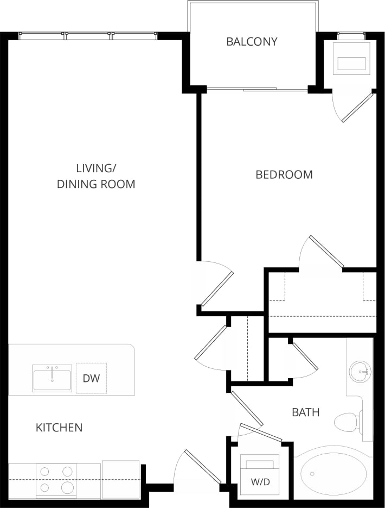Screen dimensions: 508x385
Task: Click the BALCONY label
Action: pyautogui.click(x=252, y=41)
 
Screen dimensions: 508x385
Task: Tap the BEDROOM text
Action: pyautogui.click(x=284, y=174)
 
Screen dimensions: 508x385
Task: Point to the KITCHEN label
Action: pyautogui.click(x=59, y=428)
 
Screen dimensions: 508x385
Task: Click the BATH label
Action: pyautogui.click(x=306, y=412)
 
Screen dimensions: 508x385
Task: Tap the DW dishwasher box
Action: pyautogui.click(x=91, y=378)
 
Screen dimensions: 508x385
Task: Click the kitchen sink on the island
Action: pyautogui.click(x=52, y=378)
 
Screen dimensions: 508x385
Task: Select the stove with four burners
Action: pyautogui.click(x=56, y=479)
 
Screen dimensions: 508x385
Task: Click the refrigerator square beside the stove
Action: pyautogui.click(x=120, y=479)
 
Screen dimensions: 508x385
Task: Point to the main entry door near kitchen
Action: pyautogui.click(x=202, y=466)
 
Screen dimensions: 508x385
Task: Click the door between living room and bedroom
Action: pyautogui.click(x=216, y=288)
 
